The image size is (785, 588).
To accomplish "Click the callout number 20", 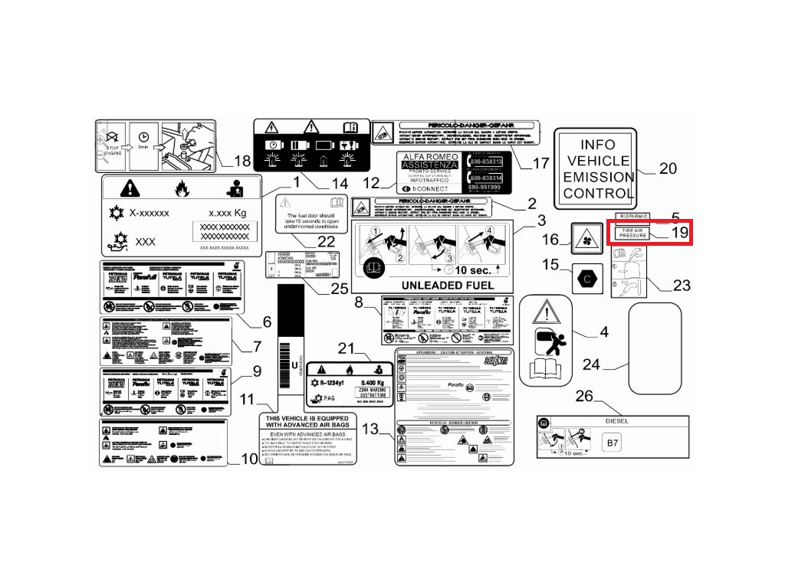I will pos(668,168).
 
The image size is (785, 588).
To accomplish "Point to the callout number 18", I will pos(242,161).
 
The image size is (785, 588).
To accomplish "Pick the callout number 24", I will pos(591,364).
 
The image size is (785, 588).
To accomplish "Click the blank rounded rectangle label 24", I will pos(655,345).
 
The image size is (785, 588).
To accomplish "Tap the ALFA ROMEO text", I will pos(429,155).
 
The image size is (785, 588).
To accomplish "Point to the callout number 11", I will pos(247,399).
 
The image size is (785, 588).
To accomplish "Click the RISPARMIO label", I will pos(633,217).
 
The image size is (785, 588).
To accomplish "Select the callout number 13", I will pos(370,430).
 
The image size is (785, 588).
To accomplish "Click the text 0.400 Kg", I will pos(373,383).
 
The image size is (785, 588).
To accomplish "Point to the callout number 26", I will pos(584,396).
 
